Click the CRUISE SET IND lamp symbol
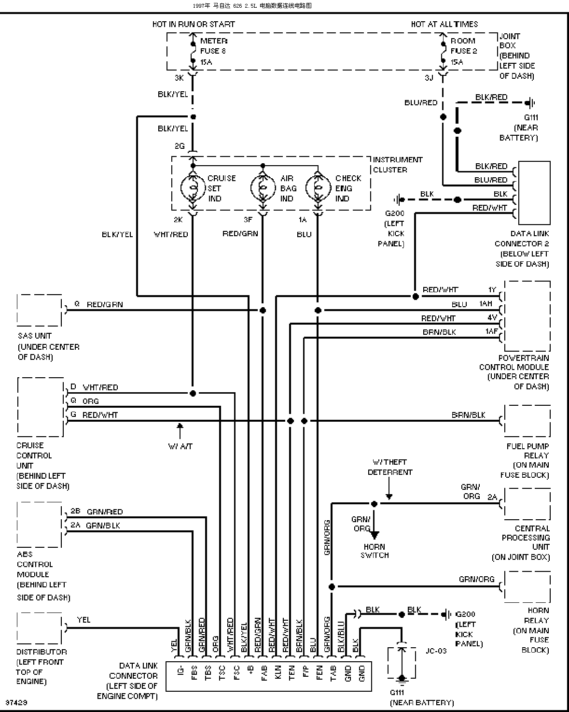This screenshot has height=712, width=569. coord(193,188)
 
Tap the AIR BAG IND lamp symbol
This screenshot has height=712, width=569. coord(263,188)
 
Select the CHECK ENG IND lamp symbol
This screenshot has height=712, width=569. coord(318,188)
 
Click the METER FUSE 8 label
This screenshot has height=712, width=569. coord(214,51)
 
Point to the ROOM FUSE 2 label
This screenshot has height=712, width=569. coord(463,51)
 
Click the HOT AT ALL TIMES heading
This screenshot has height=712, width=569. coord(444,24)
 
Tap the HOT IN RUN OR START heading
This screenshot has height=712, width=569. coord(194,24)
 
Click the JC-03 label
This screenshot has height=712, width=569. coord(436,651)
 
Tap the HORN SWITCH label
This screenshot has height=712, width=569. coord(374,551)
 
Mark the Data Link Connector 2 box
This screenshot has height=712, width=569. coord(534,193)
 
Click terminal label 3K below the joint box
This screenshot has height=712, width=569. coord(179,78)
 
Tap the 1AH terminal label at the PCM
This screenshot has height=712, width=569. coord(486,303)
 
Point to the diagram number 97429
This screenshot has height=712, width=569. coord(16,702)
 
